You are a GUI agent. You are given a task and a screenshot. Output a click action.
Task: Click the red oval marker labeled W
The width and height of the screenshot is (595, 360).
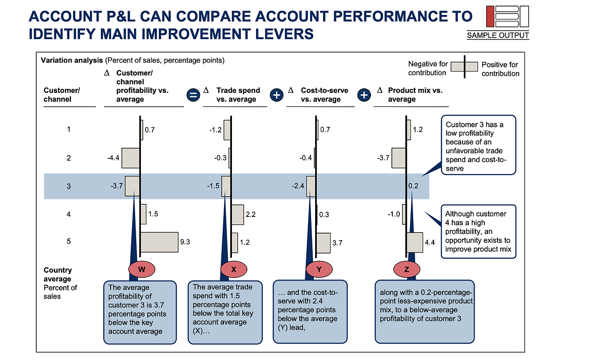coord(142,269)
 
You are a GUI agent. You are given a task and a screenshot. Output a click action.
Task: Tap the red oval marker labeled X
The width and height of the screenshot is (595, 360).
coord(234,269)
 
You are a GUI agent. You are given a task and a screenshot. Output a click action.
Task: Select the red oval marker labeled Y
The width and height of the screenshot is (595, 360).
coord(319,269)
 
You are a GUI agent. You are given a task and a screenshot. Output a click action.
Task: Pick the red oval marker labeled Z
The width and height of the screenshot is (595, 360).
coord(407,269)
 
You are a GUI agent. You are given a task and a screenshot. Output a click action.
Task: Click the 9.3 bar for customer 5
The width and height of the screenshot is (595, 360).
coord(159,242)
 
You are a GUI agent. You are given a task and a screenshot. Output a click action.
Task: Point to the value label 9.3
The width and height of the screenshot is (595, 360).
coord(185,242)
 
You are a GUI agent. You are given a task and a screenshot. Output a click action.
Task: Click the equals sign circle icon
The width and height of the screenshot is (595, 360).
coord(193,95)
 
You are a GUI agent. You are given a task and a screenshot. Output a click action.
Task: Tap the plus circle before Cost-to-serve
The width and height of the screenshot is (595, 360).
coord(277,95)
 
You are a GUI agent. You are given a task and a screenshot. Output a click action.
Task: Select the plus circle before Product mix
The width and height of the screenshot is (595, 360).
coord(364,95)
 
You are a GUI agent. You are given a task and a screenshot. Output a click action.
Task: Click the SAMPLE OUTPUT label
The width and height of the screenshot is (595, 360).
coord(498,35)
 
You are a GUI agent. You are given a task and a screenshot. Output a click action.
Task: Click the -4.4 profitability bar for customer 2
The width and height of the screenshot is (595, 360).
coord(131,158)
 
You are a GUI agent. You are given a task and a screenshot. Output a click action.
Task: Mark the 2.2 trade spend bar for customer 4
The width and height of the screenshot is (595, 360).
coord(238,215)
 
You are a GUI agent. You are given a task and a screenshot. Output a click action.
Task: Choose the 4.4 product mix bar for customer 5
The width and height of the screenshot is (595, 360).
coord(415,242)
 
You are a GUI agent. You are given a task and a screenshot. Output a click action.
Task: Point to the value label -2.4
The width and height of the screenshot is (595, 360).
coord(298,186)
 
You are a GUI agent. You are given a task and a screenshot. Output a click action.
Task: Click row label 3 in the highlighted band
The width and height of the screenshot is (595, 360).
coord(68,186)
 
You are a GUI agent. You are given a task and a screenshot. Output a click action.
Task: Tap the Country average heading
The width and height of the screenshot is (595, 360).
coord(58,274)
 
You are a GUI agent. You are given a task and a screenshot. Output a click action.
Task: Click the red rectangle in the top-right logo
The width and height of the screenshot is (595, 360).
coord(490,16)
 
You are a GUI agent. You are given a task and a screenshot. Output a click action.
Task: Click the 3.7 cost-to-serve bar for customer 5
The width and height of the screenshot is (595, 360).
coord(323,243)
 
